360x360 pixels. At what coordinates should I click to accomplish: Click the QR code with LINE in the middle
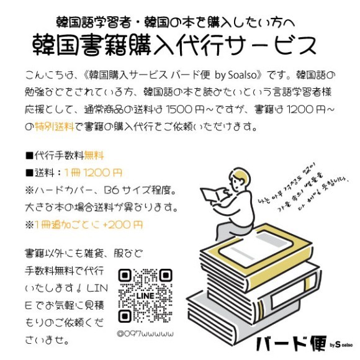coord(145,297)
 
